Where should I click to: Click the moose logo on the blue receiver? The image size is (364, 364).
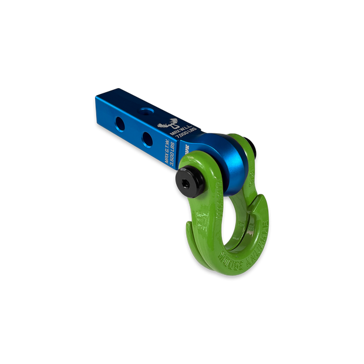click(x=172, y=124)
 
